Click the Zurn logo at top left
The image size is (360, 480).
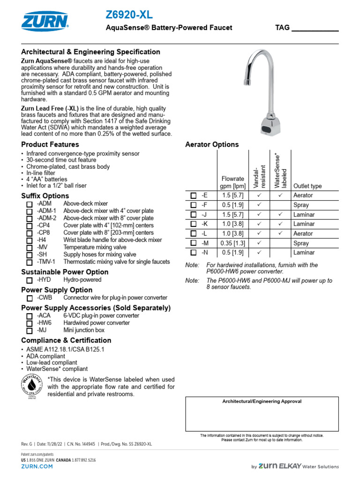45,21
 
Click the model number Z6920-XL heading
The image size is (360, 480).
130,15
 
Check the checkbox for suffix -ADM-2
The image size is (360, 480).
30,219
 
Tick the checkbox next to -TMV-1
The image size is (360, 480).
30,262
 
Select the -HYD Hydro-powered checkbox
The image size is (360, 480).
30,280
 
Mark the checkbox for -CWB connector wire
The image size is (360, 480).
30,298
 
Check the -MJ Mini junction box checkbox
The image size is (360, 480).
30,330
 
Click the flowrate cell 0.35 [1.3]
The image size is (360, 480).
232,243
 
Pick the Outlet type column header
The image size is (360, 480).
307,186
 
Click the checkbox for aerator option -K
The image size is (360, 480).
194,224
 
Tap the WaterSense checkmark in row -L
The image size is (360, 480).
280,233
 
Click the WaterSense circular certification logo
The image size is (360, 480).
32,386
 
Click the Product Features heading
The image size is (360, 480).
50,144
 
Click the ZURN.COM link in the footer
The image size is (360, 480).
37,467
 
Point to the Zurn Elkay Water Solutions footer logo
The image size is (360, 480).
295,466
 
